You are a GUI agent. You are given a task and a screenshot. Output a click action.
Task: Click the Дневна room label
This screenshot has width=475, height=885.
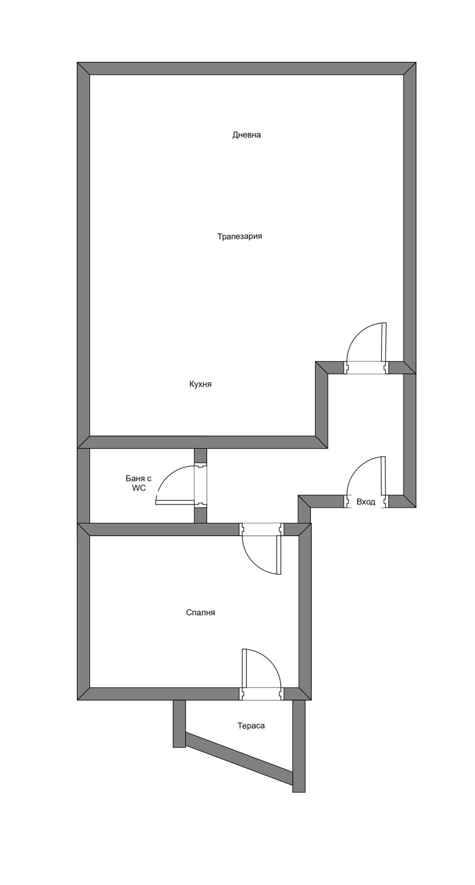(247, 135)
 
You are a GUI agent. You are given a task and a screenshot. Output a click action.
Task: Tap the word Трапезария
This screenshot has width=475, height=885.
(240, 236)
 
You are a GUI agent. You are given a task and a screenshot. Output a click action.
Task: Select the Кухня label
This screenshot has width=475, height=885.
(200, 384)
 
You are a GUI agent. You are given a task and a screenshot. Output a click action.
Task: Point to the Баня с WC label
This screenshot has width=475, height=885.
(139, 483)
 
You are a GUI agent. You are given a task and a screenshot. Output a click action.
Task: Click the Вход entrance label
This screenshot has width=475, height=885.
(366, 502)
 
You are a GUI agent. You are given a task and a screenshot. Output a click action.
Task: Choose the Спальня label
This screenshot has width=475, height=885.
(200, 613)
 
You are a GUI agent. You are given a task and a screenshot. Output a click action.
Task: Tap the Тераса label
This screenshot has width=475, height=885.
(251, 726)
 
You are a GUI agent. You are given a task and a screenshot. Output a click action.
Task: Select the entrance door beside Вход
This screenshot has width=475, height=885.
(367, 482)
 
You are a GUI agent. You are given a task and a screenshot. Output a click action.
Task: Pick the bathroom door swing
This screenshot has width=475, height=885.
(181, 485)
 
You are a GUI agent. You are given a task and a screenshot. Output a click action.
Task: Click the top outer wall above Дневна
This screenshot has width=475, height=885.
(247, 68)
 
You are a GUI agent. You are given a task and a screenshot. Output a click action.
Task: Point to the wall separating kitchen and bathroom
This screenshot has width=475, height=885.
(202, 442)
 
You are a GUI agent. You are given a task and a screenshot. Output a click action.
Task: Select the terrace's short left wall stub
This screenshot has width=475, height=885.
(179, 723)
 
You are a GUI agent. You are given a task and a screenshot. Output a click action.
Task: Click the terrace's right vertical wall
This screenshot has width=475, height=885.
(299, 746)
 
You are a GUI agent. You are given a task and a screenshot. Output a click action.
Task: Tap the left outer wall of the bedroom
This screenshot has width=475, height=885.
(84, 612)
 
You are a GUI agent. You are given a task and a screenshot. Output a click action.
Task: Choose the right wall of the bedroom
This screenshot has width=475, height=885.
(304, 612)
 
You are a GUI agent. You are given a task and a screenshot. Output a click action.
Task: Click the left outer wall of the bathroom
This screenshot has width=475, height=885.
(84, 486)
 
